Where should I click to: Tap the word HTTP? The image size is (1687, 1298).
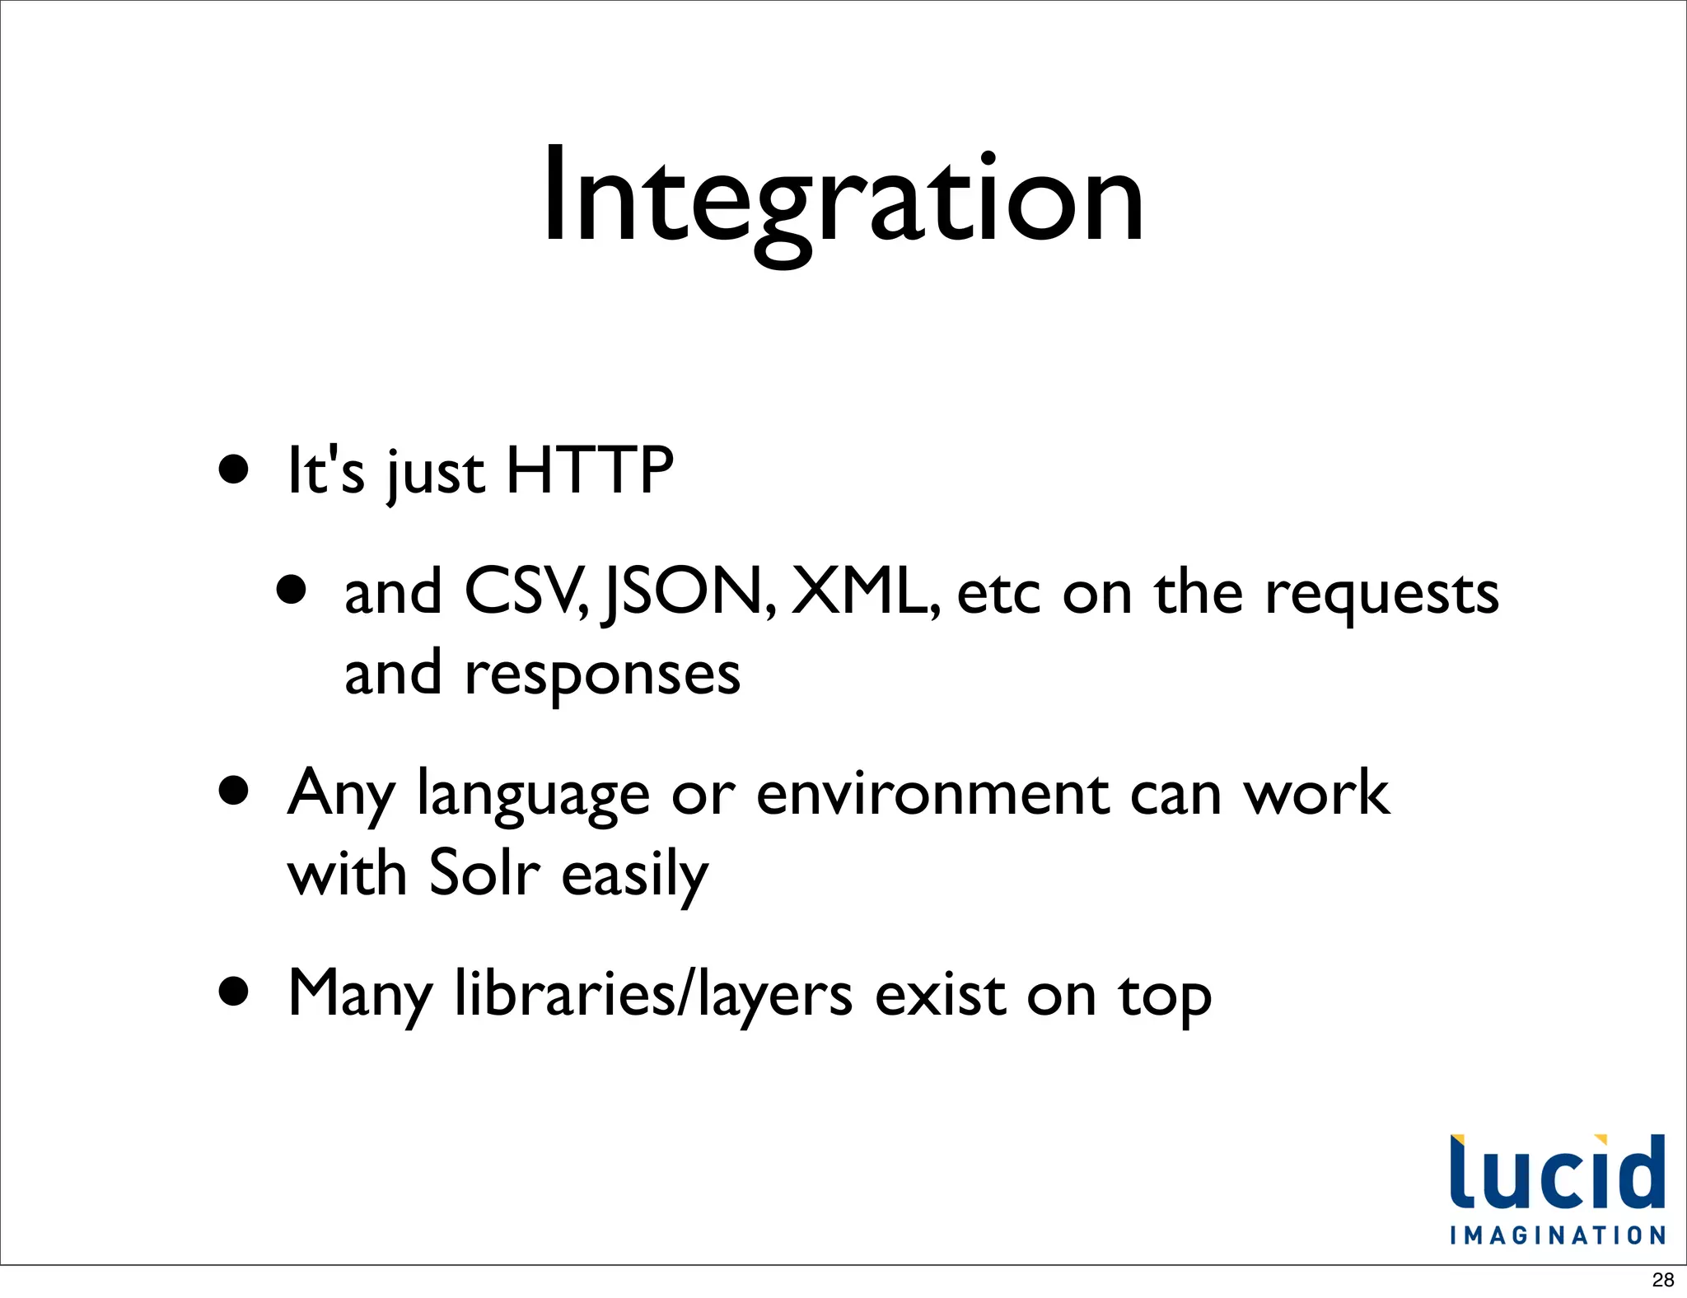[590, 471]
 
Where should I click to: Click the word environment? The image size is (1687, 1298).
[932, 794]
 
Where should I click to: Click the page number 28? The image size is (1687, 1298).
[1663, 1280]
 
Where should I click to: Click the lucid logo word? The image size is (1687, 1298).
[1557, 1172]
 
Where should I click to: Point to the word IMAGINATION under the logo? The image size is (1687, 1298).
[1558, 1235]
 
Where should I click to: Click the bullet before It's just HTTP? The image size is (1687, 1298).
[234, 469]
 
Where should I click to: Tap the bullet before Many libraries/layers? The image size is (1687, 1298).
[234, 992]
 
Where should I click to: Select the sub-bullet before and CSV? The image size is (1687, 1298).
[292, 590]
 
